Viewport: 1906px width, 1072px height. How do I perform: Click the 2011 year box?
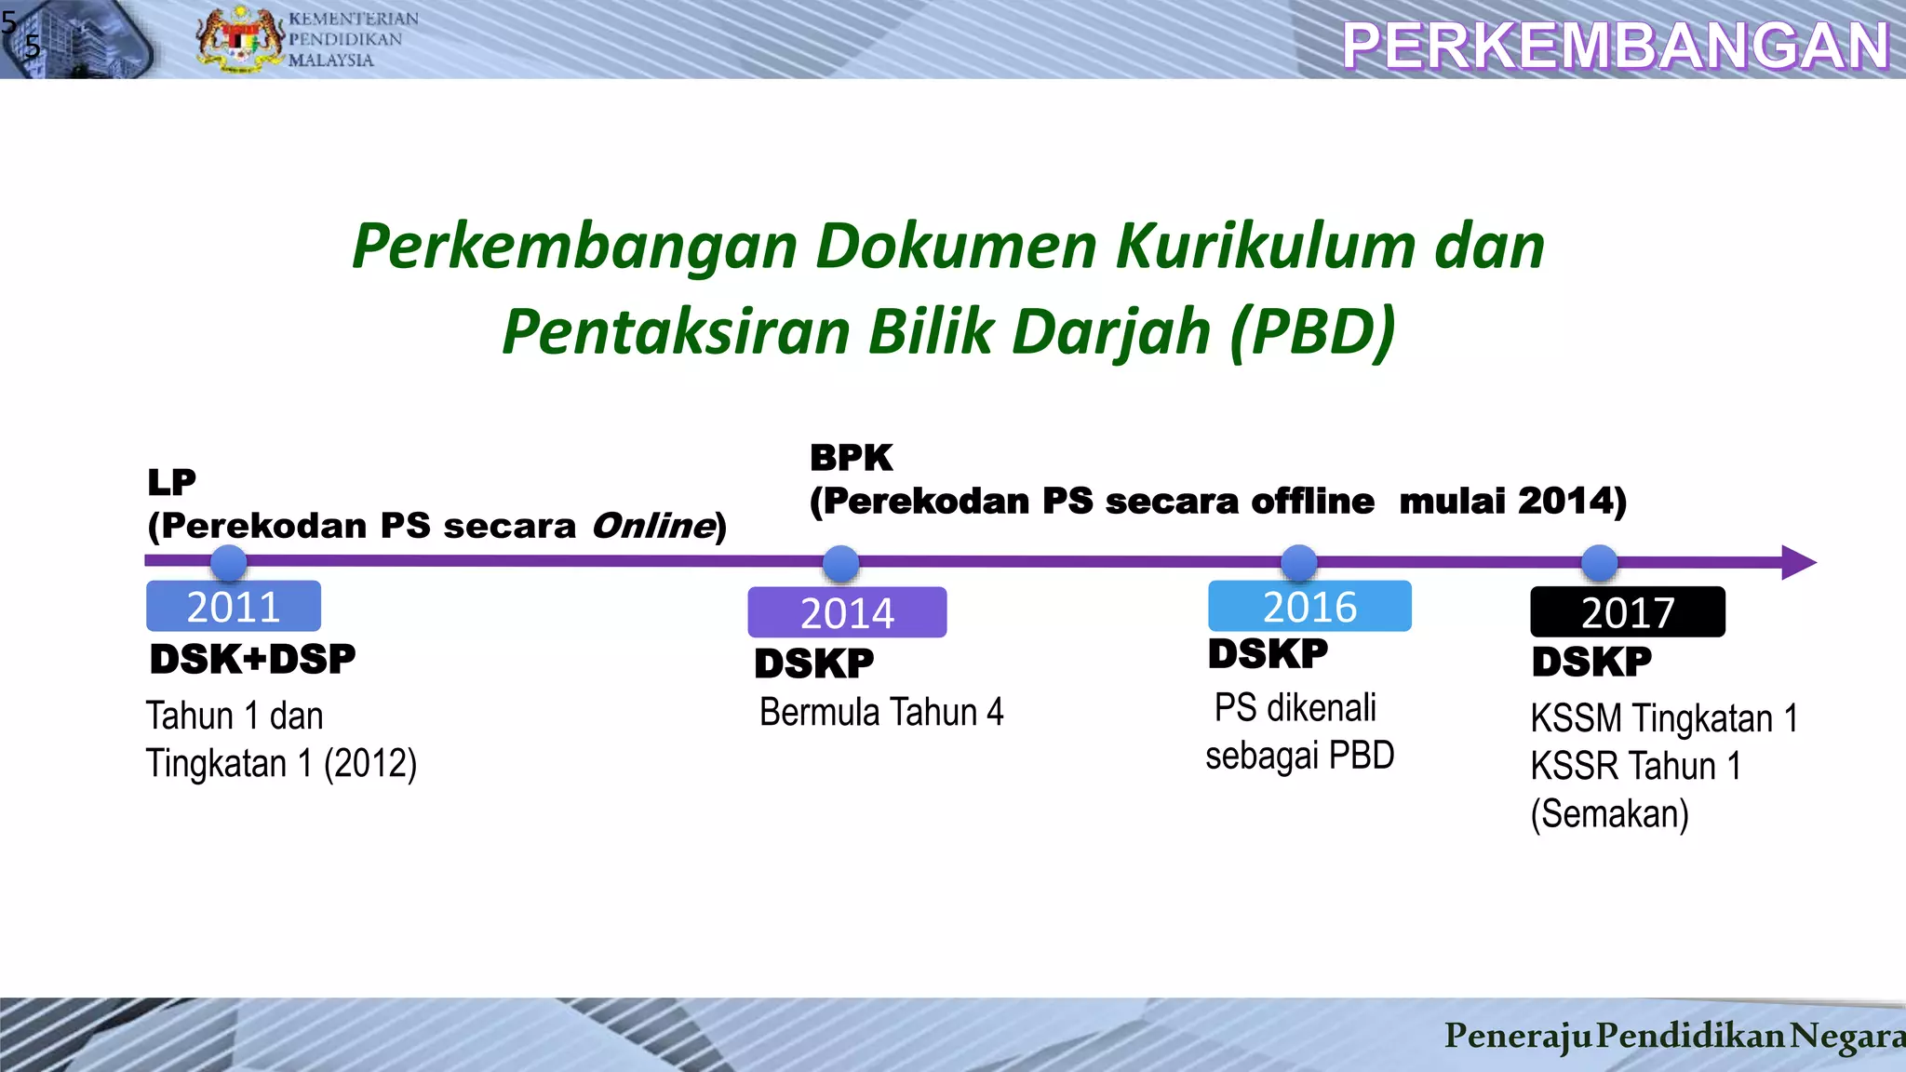[x=234, y=607]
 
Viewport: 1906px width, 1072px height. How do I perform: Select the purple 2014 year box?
[x=847, y=612]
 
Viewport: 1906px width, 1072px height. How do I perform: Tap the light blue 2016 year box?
[x=1309, y=607]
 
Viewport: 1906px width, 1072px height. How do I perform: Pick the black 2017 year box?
[x=1628, y=612]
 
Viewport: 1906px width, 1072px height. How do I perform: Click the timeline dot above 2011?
[x=229, y=563]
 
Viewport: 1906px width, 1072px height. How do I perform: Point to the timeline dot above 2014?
[x=841, y=563]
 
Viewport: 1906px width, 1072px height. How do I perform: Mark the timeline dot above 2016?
[x=1299, y=563]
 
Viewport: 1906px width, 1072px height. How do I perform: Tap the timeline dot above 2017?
[x=1600, y=563]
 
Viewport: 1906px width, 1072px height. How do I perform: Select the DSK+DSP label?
[x=252, y=660]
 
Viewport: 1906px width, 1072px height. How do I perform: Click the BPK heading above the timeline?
[x=851, y=458]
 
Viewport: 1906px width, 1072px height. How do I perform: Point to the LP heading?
[x=172, y=482]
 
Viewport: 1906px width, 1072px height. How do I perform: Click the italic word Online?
[x=653, y=526]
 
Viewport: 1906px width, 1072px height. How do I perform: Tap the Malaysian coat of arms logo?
[x=239, y=39]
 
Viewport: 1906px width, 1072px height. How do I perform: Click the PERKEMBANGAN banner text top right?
[x=1616, y=46]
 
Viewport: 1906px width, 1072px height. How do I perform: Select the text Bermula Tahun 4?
[x=881, y=713]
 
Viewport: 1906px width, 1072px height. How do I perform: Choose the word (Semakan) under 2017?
[x=1609, y=814]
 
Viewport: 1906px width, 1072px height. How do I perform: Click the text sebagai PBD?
[x=1299, y=756]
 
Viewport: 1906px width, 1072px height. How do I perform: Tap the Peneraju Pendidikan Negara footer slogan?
[x=1673, y=1036]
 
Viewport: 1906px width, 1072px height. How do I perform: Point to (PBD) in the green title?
[x=1312, y=331]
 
